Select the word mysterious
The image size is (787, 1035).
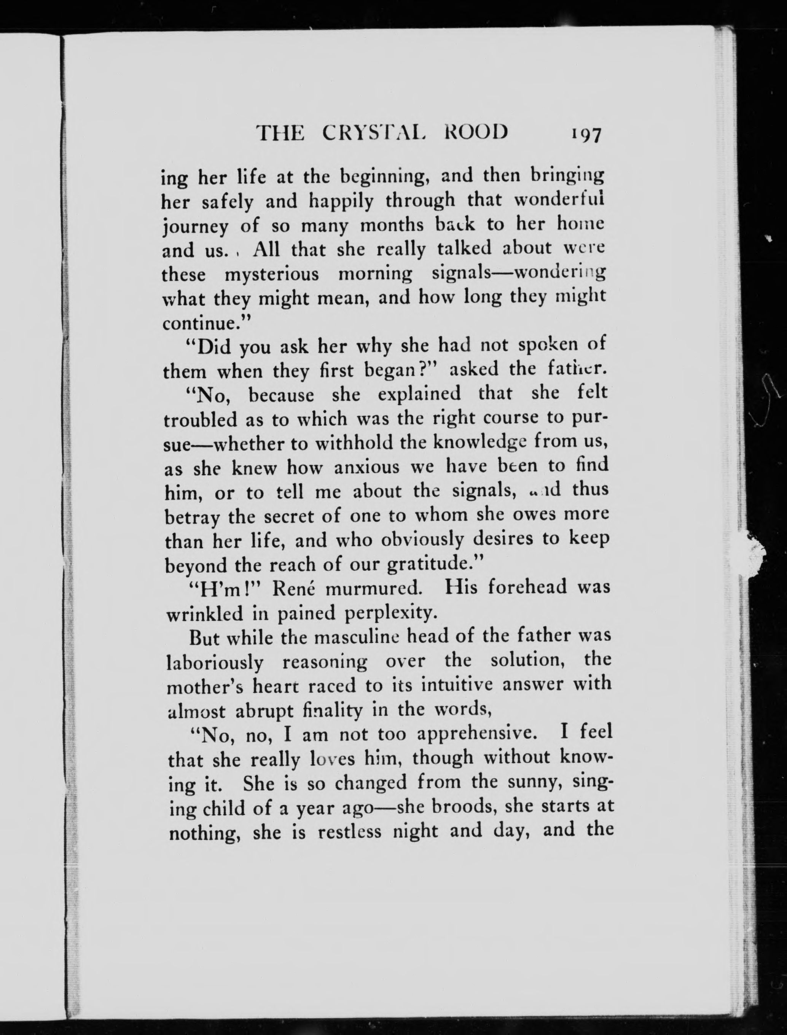[272, 274]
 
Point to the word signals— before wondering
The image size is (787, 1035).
[473, 273]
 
